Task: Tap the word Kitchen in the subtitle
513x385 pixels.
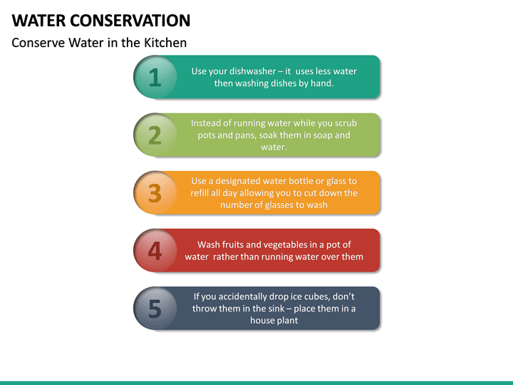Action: (x=164, y=43)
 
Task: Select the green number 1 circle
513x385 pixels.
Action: (x=155, y=77)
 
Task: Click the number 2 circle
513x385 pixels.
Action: (x=155, y=135)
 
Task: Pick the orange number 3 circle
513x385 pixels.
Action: (x=155, y=192)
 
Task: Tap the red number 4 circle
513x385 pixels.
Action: (x=155, y=250)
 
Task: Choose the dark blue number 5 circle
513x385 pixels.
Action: (x=155, y=308)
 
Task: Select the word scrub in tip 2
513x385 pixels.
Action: (x=345, y=123)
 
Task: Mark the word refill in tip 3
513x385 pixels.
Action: (x=202, y=193)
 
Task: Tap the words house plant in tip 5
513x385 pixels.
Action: (x=274, y=321)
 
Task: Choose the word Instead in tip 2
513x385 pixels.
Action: (x=207, y=123)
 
